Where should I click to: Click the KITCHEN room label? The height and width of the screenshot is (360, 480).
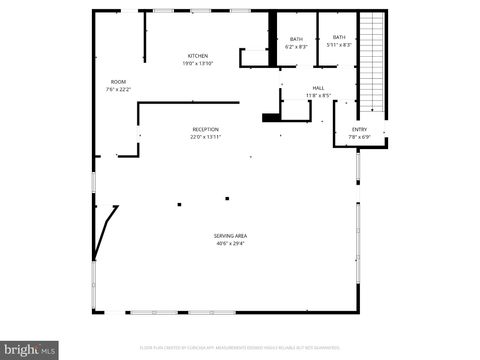198,55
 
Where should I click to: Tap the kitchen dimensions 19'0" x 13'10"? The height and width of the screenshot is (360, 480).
198,63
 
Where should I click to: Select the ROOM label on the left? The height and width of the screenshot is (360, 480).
118,81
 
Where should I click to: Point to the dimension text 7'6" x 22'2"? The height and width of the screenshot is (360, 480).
118,89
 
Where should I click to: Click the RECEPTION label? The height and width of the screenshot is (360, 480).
206,129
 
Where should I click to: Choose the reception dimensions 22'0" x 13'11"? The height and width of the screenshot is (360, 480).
206,137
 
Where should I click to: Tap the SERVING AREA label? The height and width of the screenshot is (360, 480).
230,235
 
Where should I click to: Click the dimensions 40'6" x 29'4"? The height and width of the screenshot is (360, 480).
230,243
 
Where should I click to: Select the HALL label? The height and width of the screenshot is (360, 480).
318,88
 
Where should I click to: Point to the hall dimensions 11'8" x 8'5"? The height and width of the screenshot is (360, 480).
318,96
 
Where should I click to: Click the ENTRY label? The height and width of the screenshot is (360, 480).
359,129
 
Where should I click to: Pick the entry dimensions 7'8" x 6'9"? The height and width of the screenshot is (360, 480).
359,137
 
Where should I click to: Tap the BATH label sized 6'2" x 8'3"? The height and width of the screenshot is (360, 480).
296,39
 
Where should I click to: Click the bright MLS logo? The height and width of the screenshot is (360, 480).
29,350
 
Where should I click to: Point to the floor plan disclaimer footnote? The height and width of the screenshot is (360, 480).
240,349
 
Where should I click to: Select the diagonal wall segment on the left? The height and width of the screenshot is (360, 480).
106,232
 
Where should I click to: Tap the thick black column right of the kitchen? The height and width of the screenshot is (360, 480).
271,38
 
